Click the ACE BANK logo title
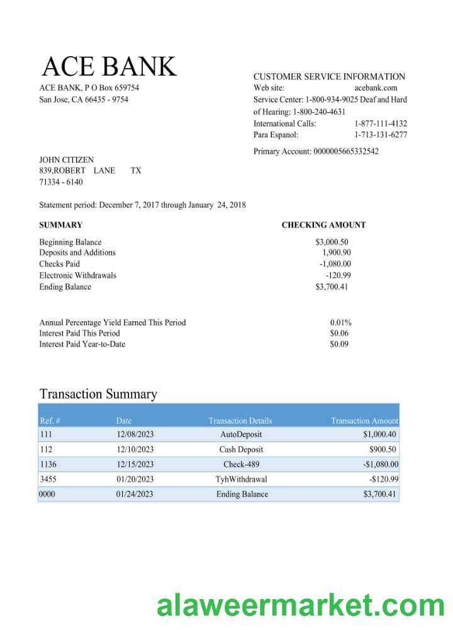tap(109, 66)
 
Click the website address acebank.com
tap(376, 88)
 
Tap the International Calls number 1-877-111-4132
tap(380, 123)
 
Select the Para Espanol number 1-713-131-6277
tap(380, 135)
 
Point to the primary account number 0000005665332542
tap(345, 151)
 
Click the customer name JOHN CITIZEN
tap(66, 160)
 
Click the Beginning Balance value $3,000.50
tap(332, 242)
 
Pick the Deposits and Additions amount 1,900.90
tap(336, 253)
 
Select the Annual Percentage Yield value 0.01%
tap(340, 323)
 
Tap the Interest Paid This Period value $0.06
tap(339, 333)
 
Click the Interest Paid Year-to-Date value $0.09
tap(339, 344)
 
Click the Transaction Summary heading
tap(98, 394)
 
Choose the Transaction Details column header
tap(240, 421)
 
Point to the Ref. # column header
tap(50, 421)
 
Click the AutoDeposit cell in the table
tap(241, 435)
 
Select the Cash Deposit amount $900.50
tap(383, 450)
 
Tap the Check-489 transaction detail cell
tap(241, 465)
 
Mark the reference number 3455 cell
tap(48, 479)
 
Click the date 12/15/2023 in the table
tap(135, 465)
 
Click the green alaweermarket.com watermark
tap(300, 606)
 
